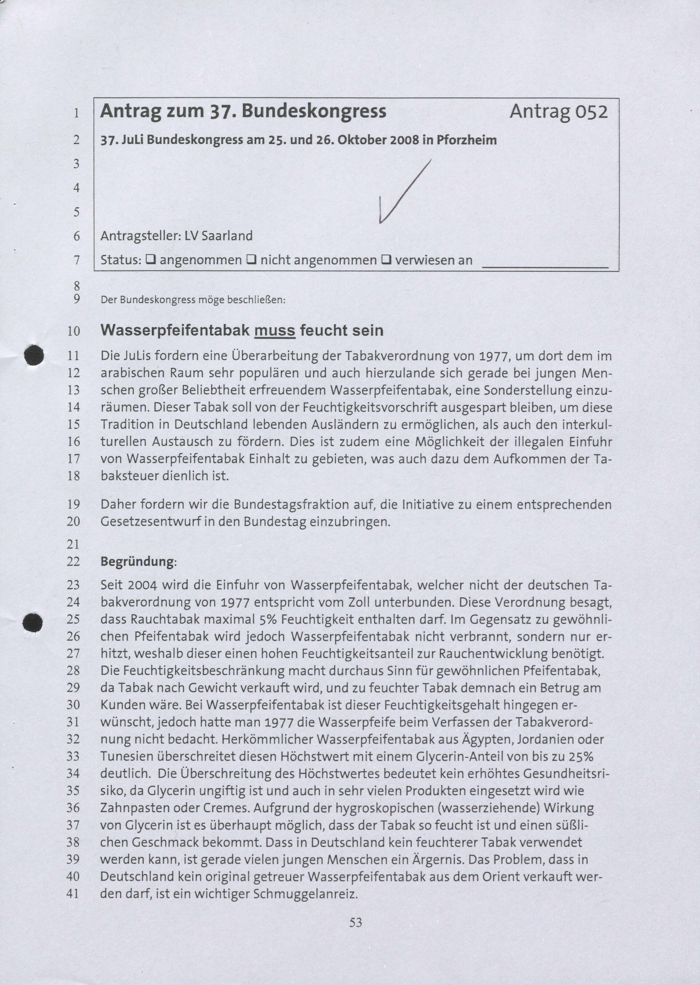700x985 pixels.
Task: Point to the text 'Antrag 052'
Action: click(x=559, y=112)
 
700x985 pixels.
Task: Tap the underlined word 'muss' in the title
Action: click(x=275, y=331)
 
